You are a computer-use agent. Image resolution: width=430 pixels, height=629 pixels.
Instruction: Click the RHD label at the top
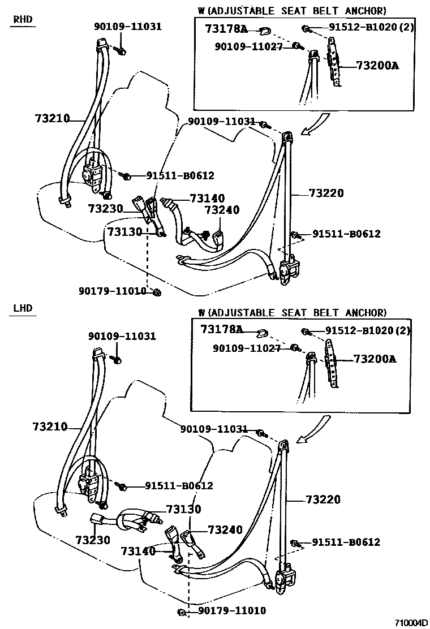[23, 19]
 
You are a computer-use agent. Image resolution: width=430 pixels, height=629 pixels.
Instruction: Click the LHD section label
[23, 308]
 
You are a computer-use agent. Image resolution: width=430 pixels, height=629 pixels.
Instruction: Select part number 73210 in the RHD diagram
[51, 118]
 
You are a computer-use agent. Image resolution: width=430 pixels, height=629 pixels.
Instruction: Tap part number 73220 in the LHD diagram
[323, 499]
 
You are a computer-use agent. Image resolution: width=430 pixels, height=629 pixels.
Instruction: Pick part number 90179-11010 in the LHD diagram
[231, 611]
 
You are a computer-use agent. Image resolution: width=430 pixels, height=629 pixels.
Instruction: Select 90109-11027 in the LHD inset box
[247, 348]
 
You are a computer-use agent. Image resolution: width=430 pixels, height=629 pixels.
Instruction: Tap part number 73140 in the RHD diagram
[207, 198]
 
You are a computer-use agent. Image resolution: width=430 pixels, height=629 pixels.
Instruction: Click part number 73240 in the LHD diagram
[225, 530]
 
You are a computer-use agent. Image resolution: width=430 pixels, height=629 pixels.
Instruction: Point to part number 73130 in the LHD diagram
[183, 509]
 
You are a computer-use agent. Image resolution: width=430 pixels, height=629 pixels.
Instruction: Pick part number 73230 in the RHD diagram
[105, 209]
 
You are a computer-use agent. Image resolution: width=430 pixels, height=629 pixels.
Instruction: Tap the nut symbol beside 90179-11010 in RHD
[157, 292]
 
